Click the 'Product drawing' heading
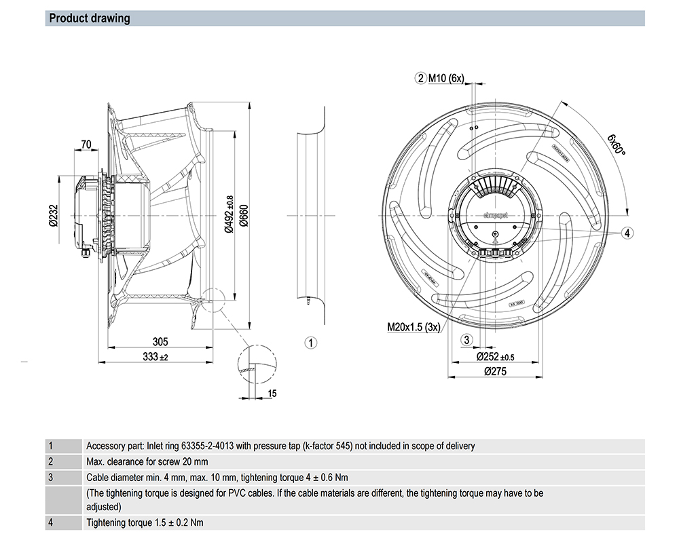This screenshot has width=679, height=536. (90, 18)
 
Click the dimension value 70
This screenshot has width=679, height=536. (86, 145)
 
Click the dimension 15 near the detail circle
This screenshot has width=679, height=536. (272, 393)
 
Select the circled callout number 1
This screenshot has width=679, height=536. (310, 343)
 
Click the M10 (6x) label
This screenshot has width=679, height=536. (445, 78)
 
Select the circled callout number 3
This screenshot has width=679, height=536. (466, 340)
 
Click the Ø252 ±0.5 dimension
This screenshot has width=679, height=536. (495, 357)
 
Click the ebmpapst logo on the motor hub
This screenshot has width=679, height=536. (495, 215)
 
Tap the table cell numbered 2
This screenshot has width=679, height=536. (51, 462)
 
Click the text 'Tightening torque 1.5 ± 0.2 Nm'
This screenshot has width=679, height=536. (145, 522)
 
